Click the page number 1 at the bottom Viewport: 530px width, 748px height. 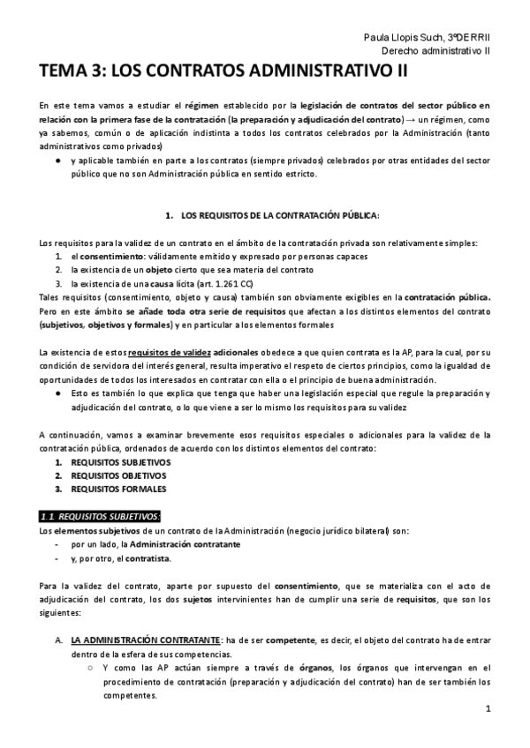pos(488,709)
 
